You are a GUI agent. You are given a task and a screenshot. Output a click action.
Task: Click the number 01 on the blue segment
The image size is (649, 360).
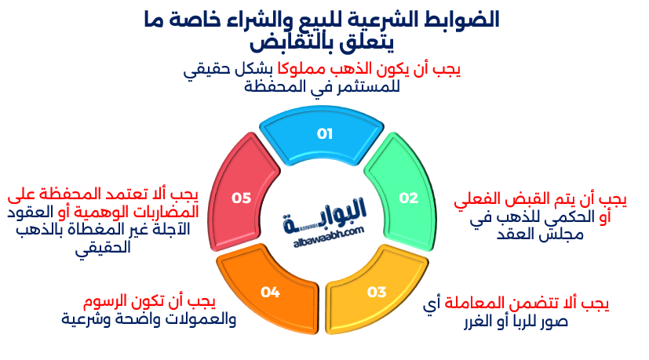pyautogui.click(x=325, y=133)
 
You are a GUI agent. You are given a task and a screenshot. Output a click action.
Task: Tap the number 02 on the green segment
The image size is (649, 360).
pyautogui.click(x=409, y=198)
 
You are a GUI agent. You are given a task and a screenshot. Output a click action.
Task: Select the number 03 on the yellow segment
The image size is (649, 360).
pyautogui.click(x=377, y=292)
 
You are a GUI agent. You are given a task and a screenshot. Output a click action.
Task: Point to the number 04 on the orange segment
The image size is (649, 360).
pyautogui.click(x=271, y=292)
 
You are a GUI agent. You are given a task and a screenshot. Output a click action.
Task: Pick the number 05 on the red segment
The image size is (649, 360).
pyautogui.click(x=241, y=198)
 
